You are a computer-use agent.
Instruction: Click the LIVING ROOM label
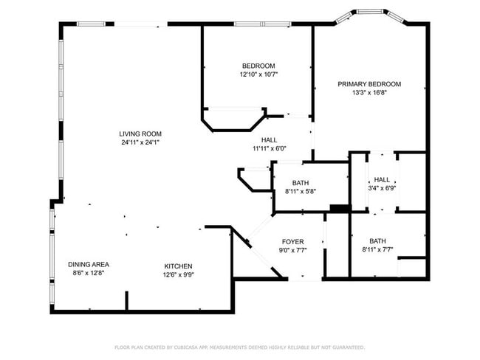(x=140, y=134)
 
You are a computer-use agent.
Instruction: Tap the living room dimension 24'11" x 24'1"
(x=140, y=142)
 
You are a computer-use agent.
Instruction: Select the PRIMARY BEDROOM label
(x=369, y=84)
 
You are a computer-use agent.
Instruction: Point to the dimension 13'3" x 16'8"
(x=369, y=93)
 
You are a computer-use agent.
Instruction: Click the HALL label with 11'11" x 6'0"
(x=269, y=139)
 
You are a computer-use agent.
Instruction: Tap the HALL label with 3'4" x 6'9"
(x=382, y=179)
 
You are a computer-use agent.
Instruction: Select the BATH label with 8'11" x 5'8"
(x=300, y=183)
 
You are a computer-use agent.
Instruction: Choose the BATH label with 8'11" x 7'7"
(x=377, y=240)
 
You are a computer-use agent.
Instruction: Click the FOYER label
(x=293, y=242)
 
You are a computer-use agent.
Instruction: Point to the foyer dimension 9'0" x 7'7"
(x=293, y=251)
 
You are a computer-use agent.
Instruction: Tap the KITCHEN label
(x=178, y=266)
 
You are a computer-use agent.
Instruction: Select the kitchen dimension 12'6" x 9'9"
(x=178, y=275)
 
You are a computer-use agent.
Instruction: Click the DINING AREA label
(x=89, y=265)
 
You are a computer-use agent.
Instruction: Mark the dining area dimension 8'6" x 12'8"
(x=89, y=274)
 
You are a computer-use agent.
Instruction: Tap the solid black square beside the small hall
(x=339, y=209)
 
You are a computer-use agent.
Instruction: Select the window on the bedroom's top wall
(x=261, y=24)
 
